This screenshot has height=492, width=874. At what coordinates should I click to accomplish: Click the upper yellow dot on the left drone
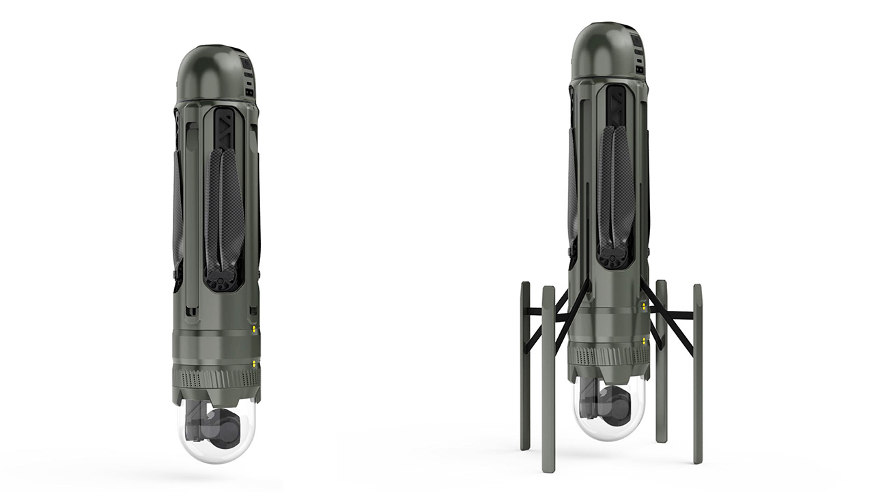(254, 329)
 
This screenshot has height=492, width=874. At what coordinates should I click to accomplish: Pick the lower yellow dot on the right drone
(644, 340)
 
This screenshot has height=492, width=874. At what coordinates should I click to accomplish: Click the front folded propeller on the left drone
(224, 205)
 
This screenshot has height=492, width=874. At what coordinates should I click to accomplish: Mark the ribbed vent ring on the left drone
(216, 378)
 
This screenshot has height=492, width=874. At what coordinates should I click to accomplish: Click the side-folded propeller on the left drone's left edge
(178, 212)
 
